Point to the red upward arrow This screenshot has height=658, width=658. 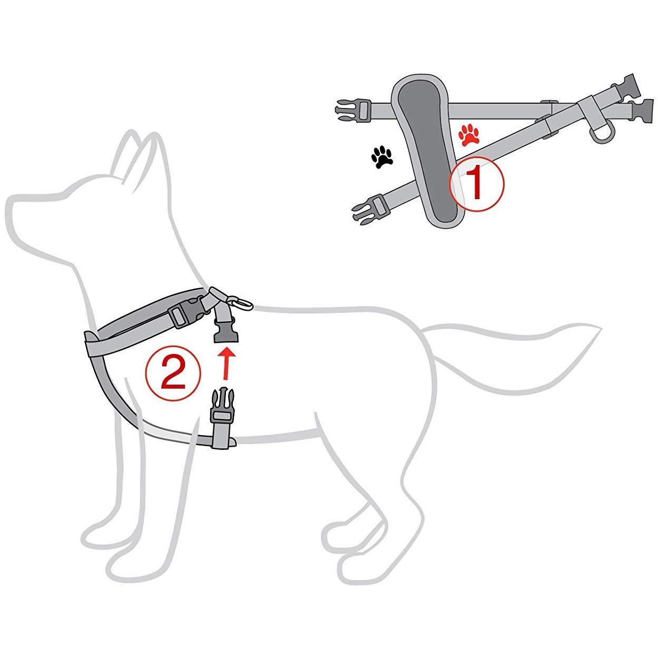(225, 364)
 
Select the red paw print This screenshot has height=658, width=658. (469, 135)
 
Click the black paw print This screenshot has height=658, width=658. (382, 158)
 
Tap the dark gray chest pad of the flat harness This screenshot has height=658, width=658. (426, 150)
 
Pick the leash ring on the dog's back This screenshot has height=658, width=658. (241, 303)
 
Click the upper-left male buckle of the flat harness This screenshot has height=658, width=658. (353, 110)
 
